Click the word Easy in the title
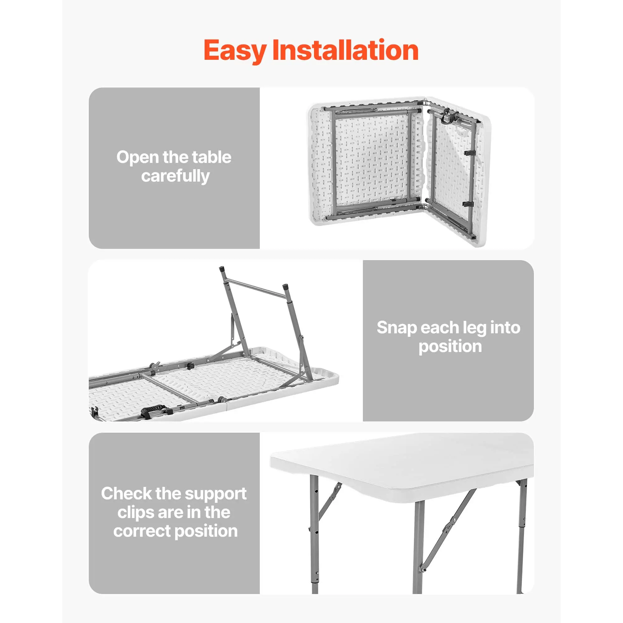(235, 51)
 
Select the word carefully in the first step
(175, 176)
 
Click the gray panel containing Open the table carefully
(174, 168)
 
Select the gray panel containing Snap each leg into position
(448, 340)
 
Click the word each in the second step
(440, 328)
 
